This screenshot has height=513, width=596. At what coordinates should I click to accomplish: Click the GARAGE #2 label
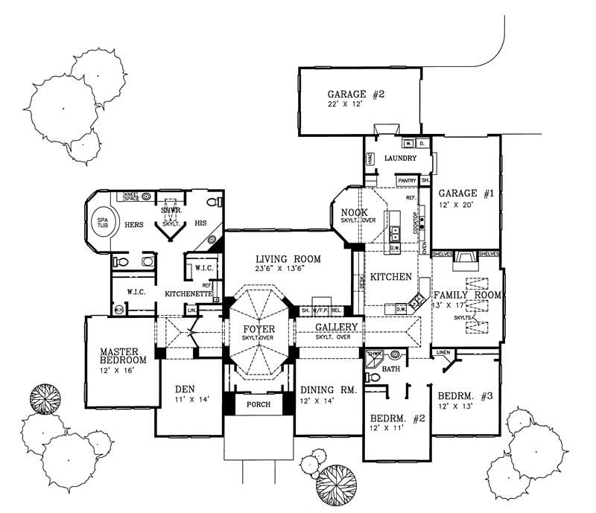[x=356, y=95]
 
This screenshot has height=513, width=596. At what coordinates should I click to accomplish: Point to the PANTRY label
[x=407, y=180]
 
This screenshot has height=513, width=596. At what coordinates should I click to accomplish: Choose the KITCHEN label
[x=392, y=277]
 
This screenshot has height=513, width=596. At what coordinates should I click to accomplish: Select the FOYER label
[x=259, y=328]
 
